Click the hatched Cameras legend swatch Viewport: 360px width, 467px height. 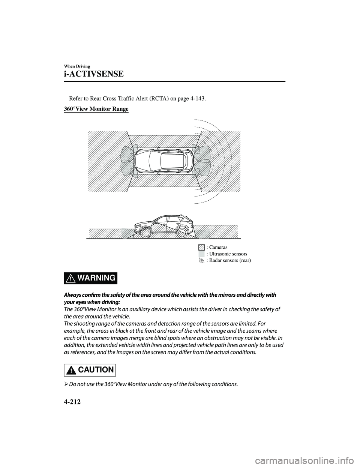[x=202, y=247]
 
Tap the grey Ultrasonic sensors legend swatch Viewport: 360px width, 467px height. [x=202, y=254]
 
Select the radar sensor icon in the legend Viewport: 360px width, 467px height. [x=202, y=260]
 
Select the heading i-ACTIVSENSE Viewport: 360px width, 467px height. [x=91, y=74]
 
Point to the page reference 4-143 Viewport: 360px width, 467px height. [x=197, y=99]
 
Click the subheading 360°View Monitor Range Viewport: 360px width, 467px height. [x=94, y=109]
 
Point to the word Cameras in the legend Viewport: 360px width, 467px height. [x=218, y=247]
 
